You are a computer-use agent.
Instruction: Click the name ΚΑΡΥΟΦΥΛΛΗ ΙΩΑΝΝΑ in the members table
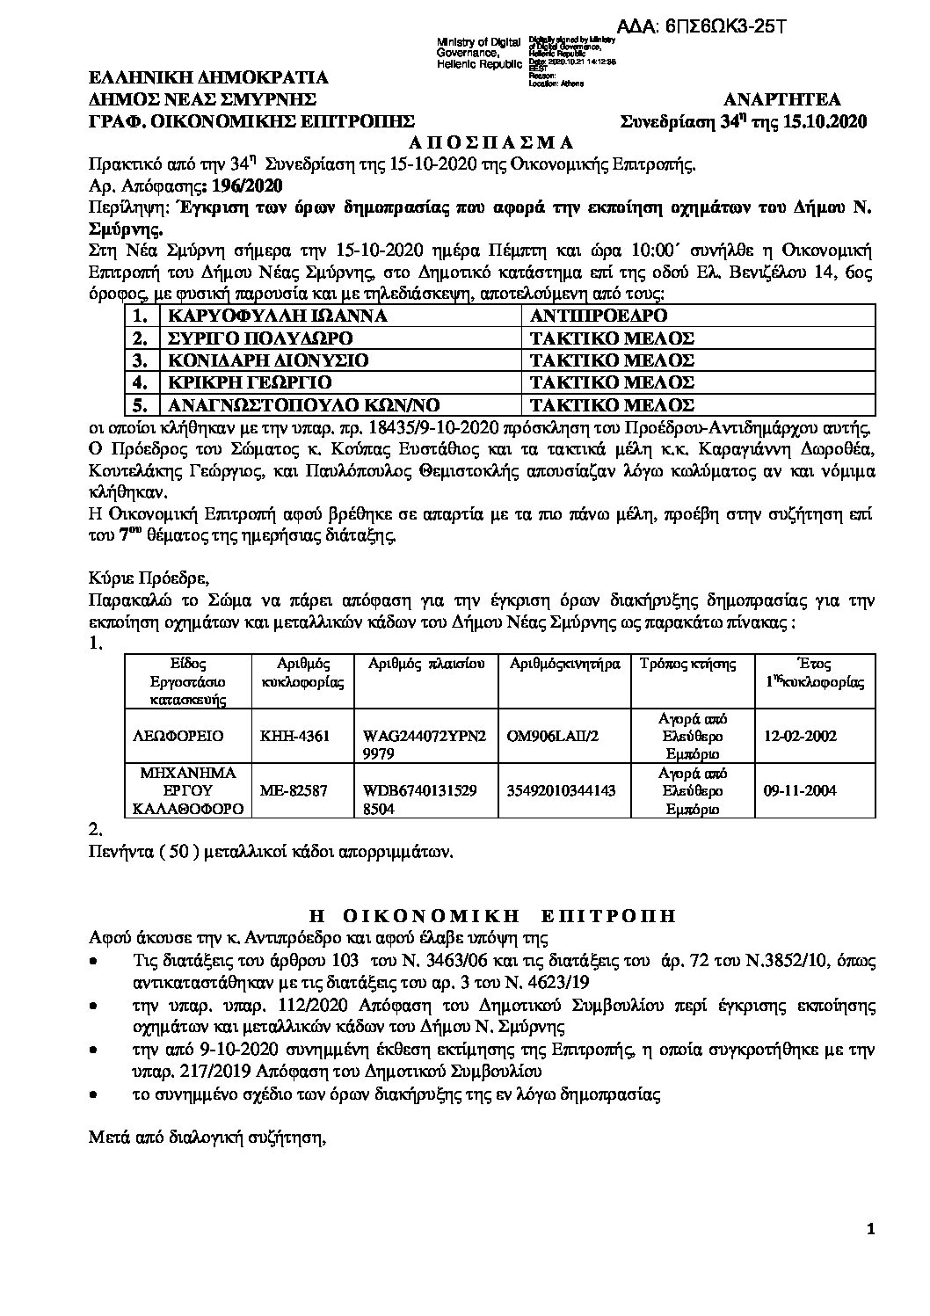tap(272, 316)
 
